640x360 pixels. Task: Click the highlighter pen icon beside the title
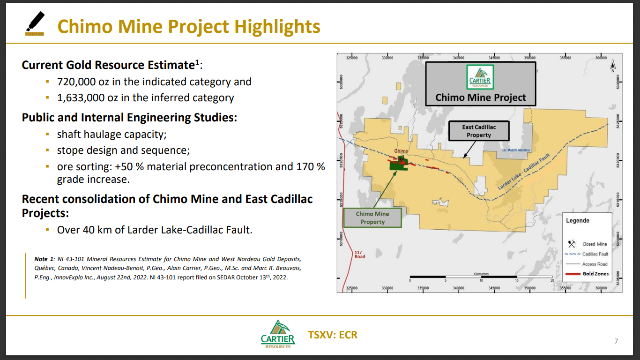click(35, 24)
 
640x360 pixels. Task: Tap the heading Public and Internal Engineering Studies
click(129, 117)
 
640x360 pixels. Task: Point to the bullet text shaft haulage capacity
click(112, 135)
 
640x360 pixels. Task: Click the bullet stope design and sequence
click(123, 150)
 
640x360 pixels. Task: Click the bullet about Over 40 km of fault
click(155, 230)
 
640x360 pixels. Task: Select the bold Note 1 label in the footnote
click(44, 259)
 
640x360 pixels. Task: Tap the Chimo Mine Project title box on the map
click(480, 84)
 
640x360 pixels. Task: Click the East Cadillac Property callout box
click(478, 131)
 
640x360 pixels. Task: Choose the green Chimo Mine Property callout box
click(372, 218)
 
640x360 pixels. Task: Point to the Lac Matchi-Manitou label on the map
click(515, 150)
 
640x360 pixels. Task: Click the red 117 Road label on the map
click(359, 255)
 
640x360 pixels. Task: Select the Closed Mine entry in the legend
click(594, 244)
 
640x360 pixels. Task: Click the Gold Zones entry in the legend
click(595, 274)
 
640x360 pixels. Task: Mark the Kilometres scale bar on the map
click(481, 277)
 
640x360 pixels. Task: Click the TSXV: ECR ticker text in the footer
click(333, 335)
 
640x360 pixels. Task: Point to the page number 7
click(616, 341)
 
